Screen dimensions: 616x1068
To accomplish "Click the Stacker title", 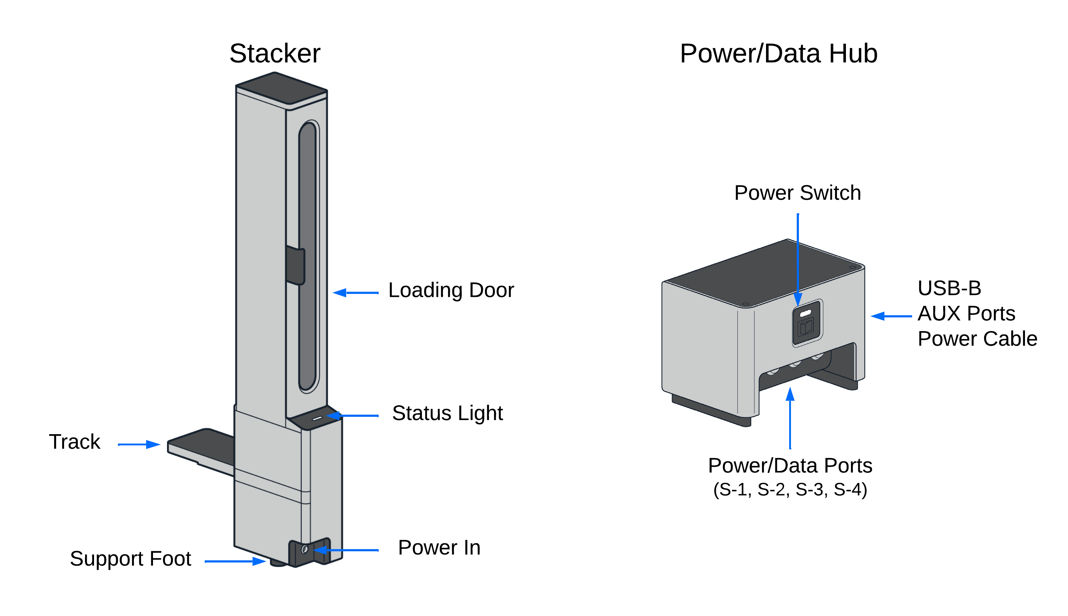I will pos(275,54).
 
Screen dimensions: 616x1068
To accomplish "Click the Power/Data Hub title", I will pos(778,54).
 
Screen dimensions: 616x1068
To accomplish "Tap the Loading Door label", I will pos(451,290).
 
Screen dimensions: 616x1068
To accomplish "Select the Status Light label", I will pos(447,413).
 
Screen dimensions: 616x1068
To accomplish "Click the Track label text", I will pos(75,442).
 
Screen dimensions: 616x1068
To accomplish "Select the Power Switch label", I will pos(797,193).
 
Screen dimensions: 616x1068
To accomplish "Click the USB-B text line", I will pos(949,288).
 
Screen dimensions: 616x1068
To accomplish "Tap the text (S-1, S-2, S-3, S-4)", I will pos(790,489).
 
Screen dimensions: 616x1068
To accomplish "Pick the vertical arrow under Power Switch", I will pos(797,258).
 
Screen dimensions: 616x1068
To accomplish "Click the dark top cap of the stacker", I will pos(281,87).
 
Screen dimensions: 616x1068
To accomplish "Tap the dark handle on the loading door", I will pos(295,265).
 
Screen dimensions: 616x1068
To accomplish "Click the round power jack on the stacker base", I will pos(304,549).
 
